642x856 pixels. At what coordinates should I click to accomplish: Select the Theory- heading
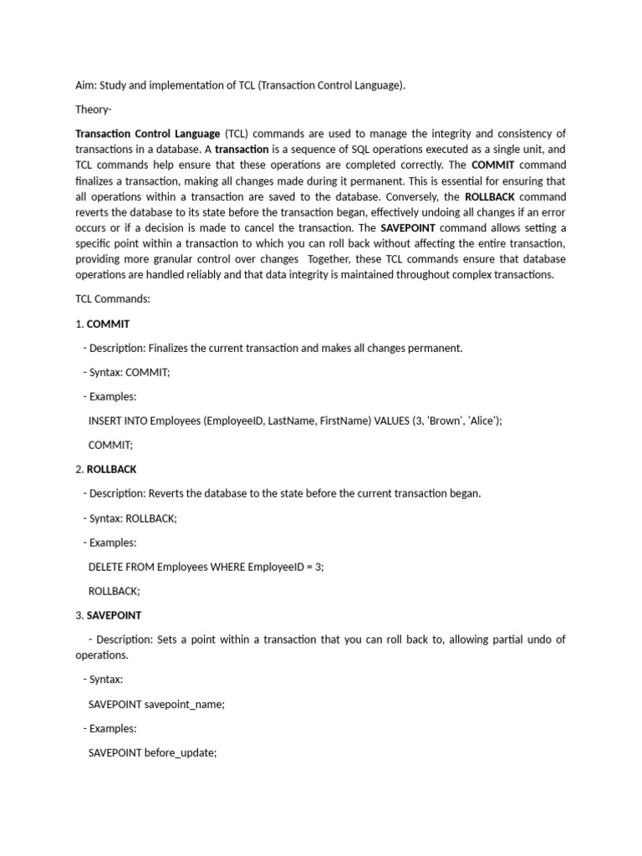[x=94, y=110]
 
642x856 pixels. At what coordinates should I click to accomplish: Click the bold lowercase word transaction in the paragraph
[x=242, y=150]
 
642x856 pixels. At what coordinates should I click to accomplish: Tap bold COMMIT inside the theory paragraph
[x=493, y=166]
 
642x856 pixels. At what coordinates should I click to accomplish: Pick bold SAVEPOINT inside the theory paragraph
[x=408, y=228]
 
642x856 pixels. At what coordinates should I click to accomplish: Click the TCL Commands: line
[x=113, y=299]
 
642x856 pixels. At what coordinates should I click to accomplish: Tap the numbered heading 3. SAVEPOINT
[x=108, y=615]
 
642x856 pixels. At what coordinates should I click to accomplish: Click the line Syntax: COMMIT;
[x=127, y=372]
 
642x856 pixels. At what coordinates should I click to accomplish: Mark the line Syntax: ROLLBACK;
[x=130, y=518]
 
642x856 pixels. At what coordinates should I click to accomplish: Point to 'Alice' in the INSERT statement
[x=484, y=420]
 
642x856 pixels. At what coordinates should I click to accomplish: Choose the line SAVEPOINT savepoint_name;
[x=156, y=704]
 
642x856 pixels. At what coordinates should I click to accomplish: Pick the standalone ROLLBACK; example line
[x=115, y=591]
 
